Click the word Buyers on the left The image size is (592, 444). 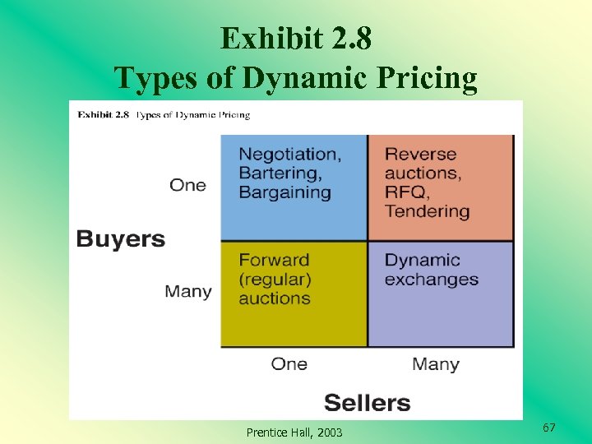point(121,239)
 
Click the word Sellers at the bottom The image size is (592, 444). point(367,403)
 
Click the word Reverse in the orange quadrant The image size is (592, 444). point(420,154)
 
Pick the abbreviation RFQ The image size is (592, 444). point(405,192)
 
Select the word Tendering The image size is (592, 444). point(427,211)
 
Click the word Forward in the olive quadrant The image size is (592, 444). point(274,260)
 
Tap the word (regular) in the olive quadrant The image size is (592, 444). point(275,280)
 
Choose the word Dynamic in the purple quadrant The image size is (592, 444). point(423,260)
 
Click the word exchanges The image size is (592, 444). point(431,280)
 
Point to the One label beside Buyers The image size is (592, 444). point(187,185)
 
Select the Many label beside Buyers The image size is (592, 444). point(187,291)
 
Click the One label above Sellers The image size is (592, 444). point(289,363)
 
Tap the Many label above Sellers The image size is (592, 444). point(435,363)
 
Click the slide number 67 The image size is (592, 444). point(549,428)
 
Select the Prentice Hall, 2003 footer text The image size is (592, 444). point(294,432)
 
